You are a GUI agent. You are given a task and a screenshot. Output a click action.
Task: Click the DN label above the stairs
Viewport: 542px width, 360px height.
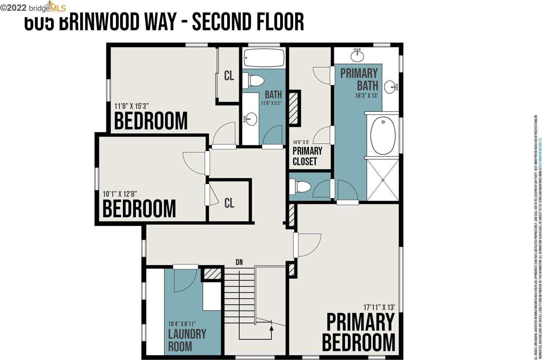pyautogui.click(x=239, y=262)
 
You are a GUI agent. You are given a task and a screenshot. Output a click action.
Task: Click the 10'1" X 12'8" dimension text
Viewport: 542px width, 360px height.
pyautogui.click(x=120, y=194)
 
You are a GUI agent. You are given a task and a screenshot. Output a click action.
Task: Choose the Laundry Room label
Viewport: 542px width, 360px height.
pyautogui.click(x=187, y=340)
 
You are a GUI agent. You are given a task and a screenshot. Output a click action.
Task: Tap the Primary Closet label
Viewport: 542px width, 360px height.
pyautogui.click(x=307, y=156)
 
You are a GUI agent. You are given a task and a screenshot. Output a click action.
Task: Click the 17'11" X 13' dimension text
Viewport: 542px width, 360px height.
pyautogui.click(x=379, y=308)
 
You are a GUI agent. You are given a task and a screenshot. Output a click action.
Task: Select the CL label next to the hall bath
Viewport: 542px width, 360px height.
pyautogui.click(x=229, y=76)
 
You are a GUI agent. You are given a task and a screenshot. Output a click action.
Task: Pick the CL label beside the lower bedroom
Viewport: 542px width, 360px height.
pyautogui.click(x=229, y=203)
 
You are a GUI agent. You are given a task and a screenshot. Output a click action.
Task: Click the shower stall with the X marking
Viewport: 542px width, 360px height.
pyautogui.click(x=383, y=180)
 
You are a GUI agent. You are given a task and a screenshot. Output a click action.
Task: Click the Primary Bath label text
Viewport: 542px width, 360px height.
pyautogui.click(x=359, y=79)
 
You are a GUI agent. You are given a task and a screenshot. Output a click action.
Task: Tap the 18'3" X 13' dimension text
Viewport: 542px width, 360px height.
pyautogui.click(x=366, y=96)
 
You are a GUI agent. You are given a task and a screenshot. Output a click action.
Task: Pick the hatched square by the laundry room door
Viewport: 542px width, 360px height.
pyautogui.click(x=213, y=274)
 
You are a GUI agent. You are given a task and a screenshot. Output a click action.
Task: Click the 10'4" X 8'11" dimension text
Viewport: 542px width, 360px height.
pyautogui.click(x=182, y=324)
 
